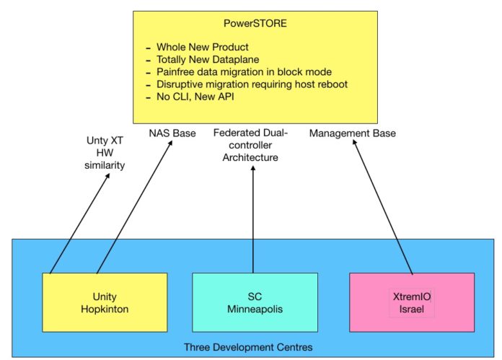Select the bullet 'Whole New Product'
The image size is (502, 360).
201,47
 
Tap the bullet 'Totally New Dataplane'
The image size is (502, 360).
210,60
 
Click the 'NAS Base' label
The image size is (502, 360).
172,133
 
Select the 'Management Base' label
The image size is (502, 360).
353,133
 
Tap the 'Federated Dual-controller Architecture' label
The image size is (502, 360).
250,144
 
